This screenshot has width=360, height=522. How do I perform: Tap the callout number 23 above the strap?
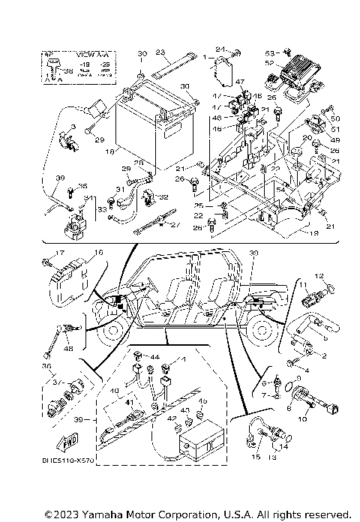pyautogui.click(x=160, y=52)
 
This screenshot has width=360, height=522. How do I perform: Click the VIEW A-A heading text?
pyautogui.click(x=93, y=55)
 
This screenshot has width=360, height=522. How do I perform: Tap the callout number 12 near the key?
pyautogui.click(x=318, y=276)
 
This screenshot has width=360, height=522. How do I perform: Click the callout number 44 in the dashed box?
pyautogui.click(x=156, y=356)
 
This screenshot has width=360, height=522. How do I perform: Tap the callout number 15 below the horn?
pyautogui.click(x=255, y=455)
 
